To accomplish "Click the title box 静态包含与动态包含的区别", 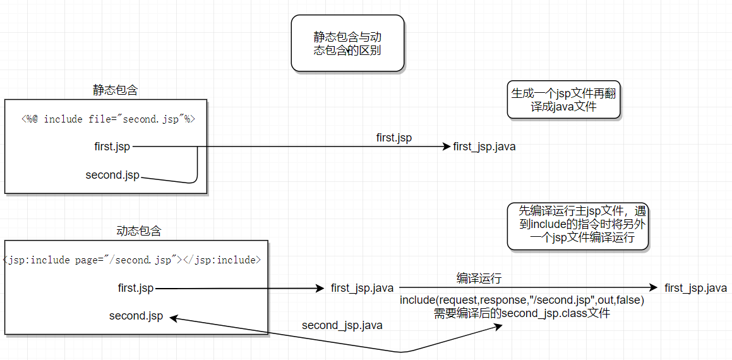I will [347, 43].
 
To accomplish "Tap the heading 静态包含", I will [115, 90].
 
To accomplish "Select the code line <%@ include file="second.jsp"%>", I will [113, 119].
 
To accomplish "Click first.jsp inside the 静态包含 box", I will [112, 147].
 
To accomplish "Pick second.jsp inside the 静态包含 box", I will [112, 175].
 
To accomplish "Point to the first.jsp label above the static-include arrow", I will [393, 137].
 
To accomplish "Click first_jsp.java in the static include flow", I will [484, 147].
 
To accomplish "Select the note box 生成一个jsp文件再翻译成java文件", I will [564, 100].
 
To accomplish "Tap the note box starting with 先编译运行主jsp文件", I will [578, 225].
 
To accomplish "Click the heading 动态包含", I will [139, 231].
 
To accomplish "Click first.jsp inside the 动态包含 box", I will [136, 288].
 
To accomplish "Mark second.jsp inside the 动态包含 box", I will [136, 316].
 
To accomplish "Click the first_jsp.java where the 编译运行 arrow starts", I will [362, 288].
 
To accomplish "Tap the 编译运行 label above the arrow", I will [479, 278].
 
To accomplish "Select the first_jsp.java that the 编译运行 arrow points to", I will [695, 288].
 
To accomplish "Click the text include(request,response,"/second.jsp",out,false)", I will [522, 301].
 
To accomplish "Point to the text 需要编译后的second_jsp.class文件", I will [522, 313].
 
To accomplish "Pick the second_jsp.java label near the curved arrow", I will [342, 325].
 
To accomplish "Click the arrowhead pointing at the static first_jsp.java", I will [447, 147].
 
